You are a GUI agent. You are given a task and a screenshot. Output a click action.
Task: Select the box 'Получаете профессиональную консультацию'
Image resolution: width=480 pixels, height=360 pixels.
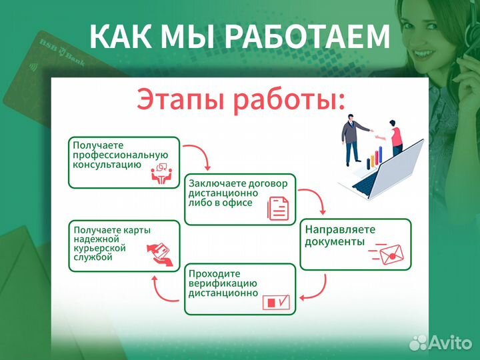(124, 162)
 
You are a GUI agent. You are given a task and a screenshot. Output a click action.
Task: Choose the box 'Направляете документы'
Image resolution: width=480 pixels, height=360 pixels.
(355, 243)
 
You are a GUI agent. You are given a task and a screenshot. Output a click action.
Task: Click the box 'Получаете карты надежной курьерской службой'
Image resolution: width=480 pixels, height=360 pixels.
(124, 245)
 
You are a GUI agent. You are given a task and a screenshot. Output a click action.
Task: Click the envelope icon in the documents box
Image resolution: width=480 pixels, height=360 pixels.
(391, 253)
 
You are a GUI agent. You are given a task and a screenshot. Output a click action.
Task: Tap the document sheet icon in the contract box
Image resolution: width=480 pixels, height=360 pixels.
(279, 208)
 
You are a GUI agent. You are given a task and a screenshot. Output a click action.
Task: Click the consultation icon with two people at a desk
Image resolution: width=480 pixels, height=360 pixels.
(161, 173)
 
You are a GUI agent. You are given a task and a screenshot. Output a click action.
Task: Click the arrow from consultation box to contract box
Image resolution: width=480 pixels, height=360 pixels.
(199, 157)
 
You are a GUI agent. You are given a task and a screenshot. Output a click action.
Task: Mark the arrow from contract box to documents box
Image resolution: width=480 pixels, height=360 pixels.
(313, 199)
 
